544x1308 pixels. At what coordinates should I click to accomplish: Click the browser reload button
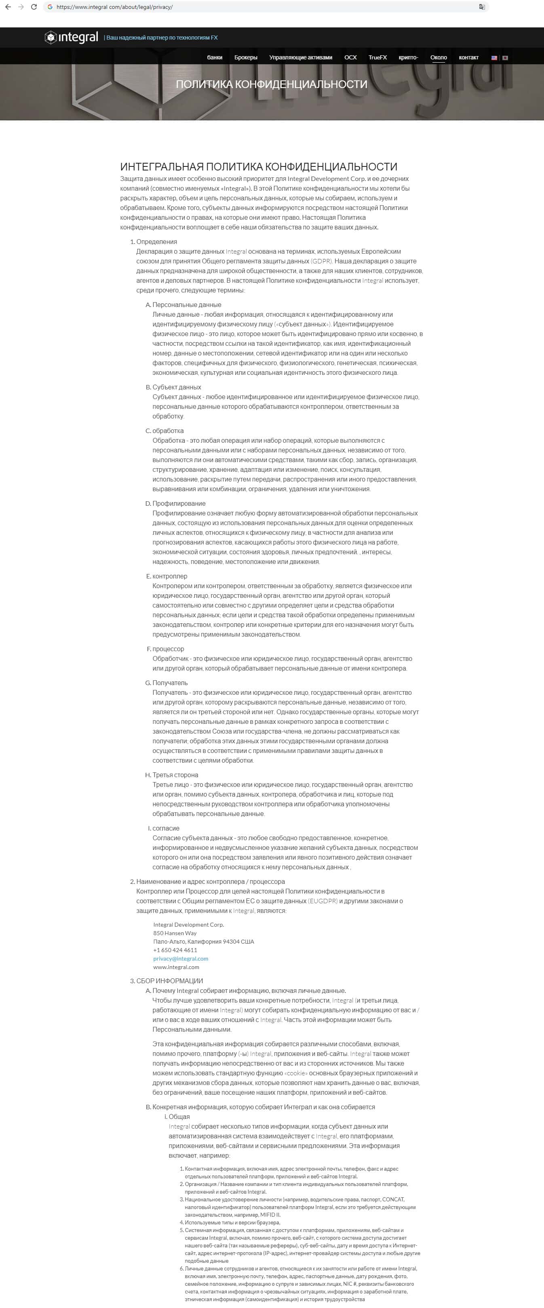point(34,7)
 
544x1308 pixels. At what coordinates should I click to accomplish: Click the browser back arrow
point(8,7)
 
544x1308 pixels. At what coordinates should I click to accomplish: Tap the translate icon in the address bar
point(481,7)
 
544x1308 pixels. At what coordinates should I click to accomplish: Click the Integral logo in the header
point(72,38)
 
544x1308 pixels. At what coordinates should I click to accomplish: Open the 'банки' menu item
point(214,57)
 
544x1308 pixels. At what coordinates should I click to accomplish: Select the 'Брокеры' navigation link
point(246,57)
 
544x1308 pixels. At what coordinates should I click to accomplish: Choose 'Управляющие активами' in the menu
point(301,57)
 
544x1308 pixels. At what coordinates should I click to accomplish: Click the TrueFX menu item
point(377,57)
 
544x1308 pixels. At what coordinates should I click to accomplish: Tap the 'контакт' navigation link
point(468,57)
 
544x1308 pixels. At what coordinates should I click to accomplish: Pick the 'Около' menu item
point(439,57)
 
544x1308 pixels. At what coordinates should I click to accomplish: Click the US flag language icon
point(494,58)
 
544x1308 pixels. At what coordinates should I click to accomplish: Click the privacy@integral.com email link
point(181,958)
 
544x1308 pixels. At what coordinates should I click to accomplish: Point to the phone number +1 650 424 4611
point(175,950)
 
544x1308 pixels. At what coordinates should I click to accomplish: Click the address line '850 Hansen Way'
point(175,933)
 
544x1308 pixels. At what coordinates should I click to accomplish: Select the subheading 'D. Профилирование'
point(179,503)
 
